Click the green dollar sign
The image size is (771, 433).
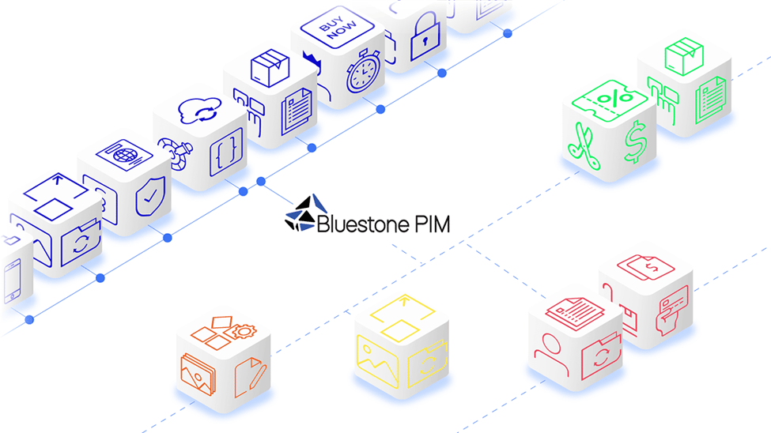click(x=633, y=144)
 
